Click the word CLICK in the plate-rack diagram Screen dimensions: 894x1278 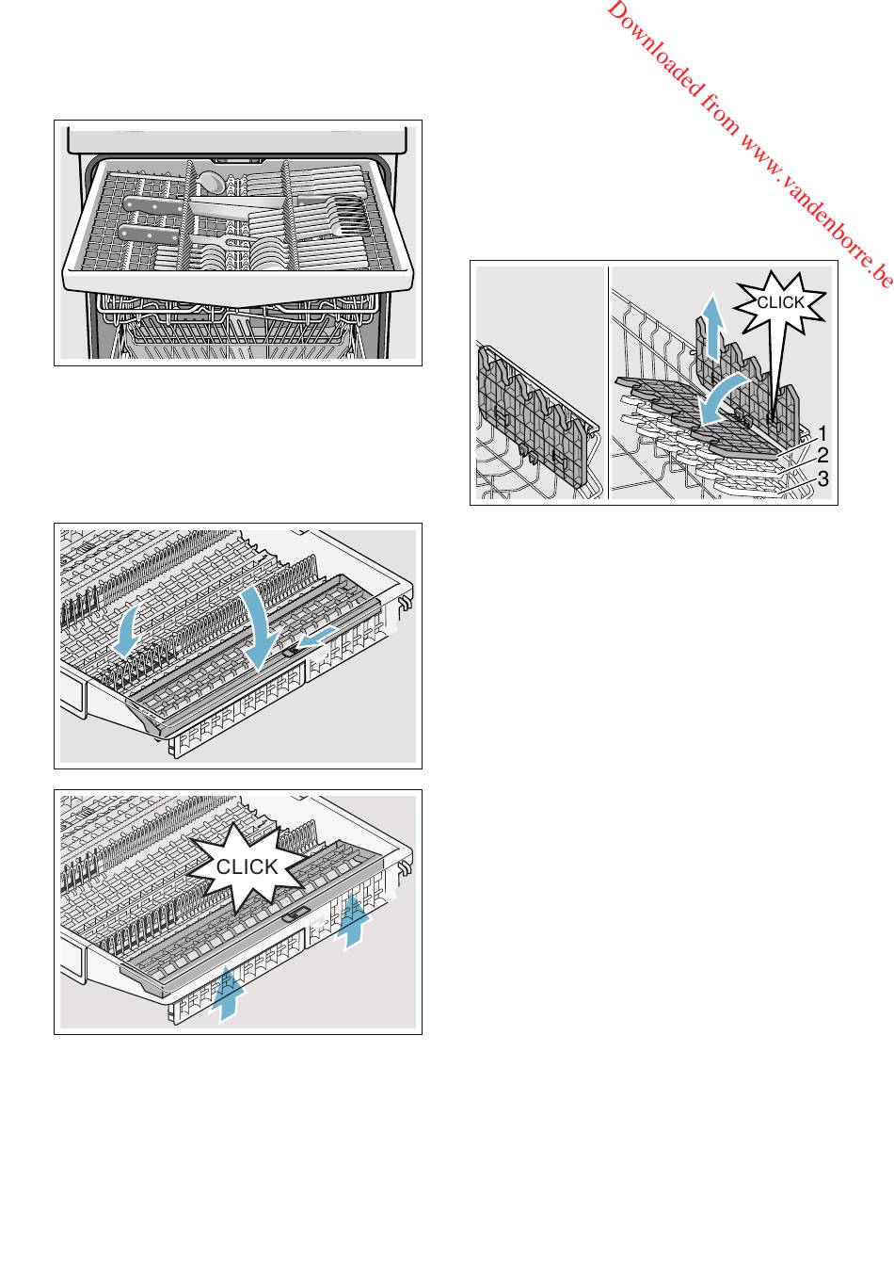(780, 302)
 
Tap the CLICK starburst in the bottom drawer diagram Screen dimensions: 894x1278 (247, 867)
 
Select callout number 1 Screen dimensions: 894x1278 (822, 433)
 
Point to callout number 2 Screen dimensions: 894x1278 (822, 455)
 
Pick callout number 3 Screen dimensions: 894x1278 (822, 478)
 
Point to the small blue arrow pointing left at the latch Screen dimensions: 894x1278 (318, 636)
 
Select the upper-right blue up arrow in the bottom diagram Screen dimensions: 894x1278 (351, 921)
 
